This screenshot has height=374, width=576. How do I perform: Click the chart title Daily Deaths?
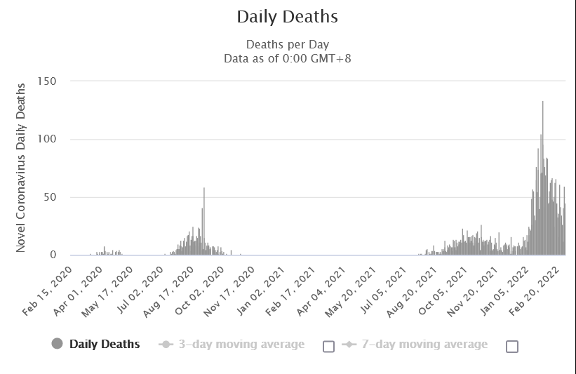click(x=287, y=16)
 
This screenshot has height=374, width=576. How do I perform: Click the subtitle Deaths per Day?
click(x=287, y=45)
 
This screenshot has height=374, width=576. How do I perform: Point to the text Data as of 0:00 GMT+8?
click(x=287, y=58)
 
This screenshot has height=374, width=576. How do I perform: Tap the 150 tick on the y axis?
click(x=47, y=81)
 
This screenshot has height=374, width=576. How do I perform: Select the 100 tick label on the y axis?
click(x=47, y=140)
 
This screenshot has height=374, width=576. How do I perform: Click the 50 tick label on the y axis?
click(x=50, y=197)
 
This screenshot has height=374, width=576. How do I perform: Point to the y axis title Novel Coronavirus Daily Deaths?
click(x=21, y=168)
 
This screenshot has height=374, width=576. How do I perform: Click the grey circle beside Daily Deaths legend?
click(x=58, y=344)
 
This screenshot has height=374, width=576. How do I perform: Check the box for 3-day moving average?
click(x=328, y=346)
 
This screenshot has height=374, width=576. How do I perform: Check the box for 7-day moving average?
click(x=512, y=346)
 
